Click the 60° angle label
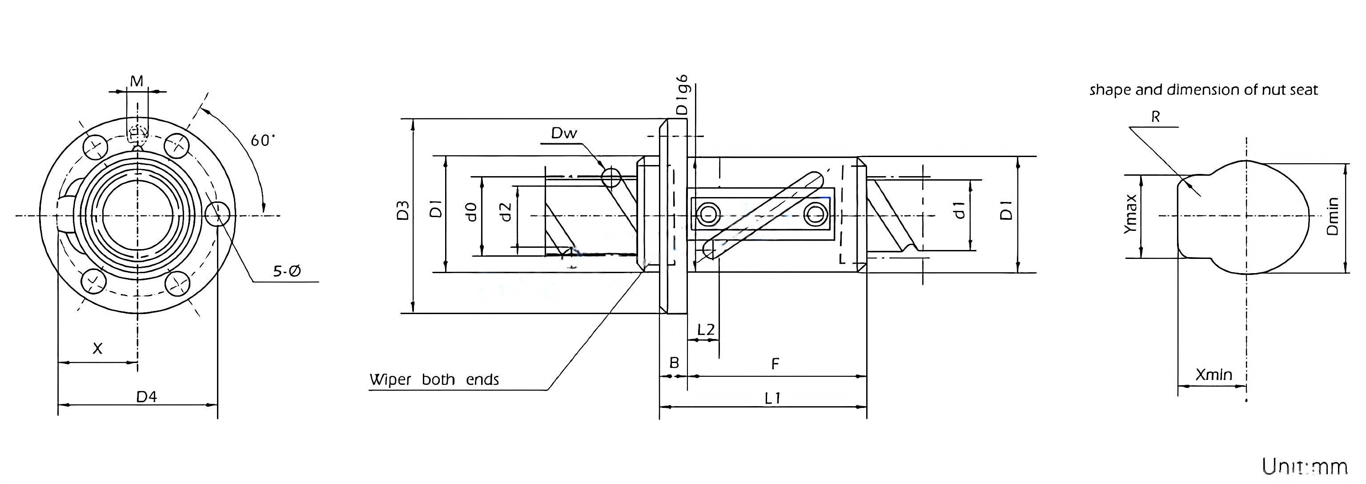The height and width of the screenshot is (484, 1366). [262, 141]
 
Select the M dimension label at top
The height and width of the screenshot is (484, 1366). [137, 81]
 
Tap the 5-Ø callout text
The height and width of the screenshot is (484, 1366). [287, 272]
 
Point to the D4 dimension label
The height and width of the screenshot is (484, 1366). [146, 397]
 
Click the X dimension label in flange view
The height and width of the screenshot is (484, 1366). [97, 349]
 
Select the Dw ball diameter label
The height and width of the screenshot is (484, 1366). [564, 133]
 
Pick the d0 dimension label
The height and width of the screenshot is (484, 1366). [471, 212]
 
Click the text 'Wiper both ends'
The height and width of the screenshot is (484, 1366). [434, 380]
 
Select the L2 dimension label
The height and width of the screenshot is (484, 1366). [705, 330]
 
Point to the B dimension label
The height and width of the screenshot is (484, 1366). [674, 363]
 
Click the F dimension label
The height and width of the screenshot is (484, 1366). [775, 364]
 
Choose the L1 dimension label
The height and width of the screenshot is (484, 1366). [773, 398]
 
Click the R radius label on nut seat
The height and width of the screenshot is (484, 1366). [1156, 117]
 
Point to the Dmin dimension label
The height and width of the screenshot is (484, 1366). [1333, 216]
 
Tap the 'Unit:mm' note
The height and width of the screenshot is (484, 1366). [1304, 467]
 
